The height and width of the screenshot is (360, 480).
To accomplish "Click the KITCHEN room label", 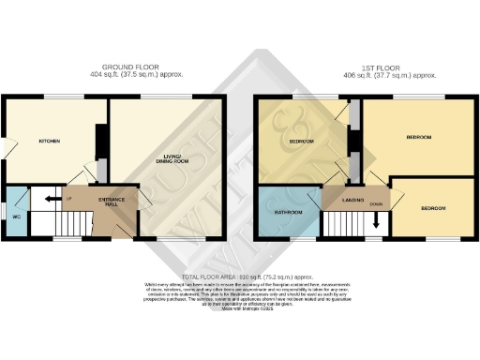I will point(49,142).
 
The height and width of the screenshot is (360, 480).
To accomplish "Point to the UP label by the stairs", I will point(68,198).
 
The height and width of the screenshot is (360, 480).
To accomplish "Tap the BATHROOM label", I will point(287,212).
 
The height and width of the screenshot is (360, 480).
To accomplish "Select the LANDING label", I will point(352,200).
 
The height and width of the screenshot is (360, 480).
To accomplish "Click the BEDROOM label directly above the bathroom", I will point(301,142).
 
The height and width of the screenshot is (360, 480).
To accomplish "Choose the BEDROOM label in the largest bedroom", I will point(418,137).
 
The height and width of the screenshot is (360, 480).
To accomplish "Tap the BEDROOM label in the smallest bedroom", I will point(432,207).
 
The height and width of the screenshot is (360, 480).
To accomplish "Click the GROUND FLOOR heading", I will point(129,67).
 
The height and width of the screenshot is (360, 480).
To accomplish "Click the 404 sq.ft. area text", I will point(129,75).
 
